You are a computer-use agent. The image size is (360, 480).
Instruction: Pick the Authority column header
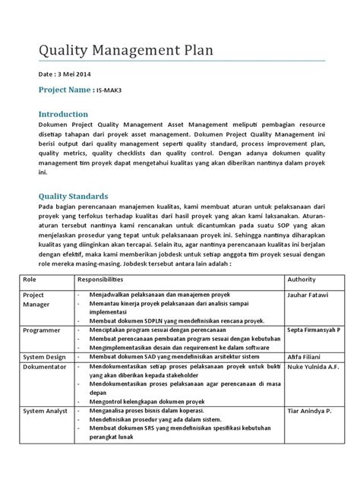(302, 279)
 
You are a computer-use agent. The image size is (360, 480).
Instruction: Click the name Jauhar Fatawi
(308, 293)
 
